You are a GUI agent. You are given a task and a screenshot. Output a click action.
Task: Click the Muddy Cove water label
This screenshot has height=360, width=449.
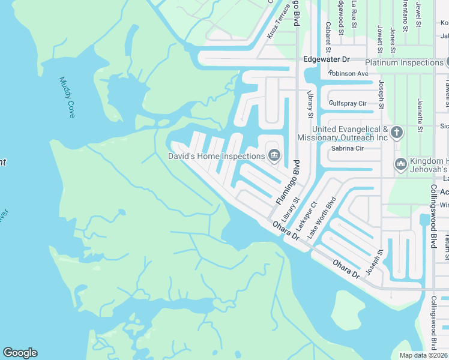point(67,97)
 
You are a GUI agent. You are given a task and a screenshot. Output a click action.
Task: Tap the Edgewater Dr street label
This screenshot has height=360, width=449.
point(327,60)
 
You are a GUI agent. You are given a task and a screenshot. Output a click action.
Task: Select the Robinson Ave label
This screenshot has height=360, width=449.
point(348,74)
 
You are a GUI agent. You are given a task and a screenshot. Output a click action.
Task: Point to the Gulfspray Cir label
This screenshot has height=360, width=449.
point(348,104)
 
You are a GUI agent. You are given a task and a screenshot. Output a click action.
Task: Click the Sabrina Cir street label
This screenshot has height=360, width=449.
point(348,148)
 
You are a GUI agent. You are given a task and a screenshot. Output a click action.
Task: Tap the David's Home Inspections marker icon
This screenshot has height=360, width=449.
point(274,156)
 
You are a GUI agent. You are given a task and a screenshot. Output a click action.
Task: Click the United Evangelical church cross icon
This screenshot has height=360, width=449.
point(396,132)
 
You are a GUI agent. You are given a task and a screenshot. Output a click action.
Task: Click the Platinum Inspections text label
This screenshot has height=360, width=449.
point(404,62)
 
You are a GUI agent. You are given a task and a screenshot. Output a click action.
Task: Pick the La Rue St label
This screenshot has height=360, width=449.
point(354,12)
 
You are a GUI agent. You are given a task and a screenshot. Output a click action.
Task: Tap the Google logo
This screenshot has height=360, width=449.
point(20,353)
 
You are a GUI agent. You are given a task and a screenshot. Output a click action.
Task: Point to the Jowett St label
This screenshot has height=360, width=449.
point(379,37)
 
